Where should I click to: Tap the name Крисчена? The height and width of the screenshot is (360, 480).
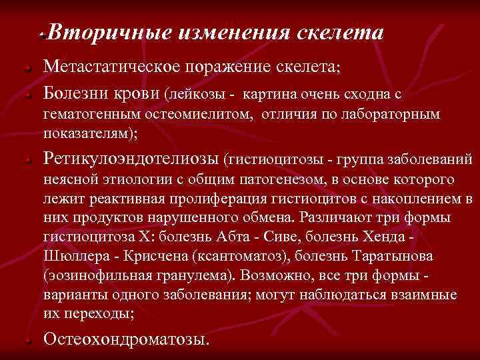coord(152,256)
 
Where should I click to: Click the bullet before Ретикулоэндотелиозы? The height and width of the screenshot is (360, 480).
coord(23,161)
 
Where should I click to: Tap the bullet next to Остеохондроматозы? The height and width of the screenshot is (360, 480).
coord(23,341)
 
